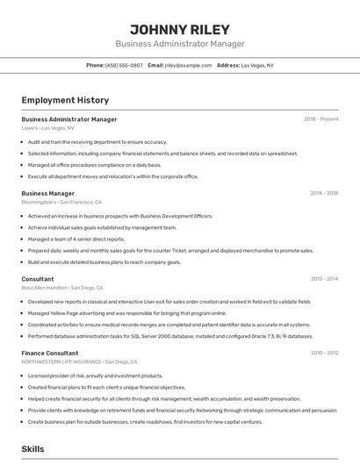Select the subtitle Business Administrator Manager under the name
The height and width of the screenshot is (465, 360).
pyautogui.click(x=179, y=44)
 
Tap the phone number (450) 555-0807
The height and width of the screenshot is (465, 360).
pyautogui.click(x=124, y=65)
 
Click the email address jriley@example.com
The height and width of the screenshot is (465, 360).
pyautogui.click(x=188, y=65)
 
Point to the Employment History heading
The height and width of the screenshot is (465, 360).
pyautogui.click(x=65, y=100)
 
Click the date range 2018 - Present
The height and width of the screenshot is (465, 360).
pyautogui.click(x=320, y=119)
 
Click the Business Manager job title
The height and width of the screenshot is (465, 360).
pyautogui.click(x=47, y=193)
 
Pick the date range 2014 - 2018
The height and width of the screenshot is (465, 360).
pyautogui.click(x=324, y=193)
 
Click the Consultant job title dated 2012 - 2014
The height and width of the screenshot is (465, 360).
pyautogui.click(x=38, y=279)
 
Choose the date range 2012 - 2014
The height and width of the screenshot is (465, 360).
pyautogui.click(x=324, y=279)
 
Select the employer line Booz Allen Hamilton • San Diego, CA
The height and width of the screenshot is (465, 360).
pyautogui.click(x=62, y=288)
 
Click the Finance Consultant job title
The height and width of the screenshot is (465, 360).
pyautogui.click(x=50, y=353)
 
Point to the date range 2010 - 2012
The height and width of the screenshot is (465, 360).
pyautogui.click(x=324, y=353)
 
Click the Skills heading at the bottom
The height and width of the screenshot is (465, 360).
pyautogui.click(x=33, y=448)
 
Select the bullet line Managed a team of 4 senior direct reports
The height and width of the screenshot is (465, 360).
pyautogui.click(x=76, y=239)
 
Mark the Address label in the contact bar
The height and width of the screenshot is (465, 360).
pyautogui.click(x=228, y=65)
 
